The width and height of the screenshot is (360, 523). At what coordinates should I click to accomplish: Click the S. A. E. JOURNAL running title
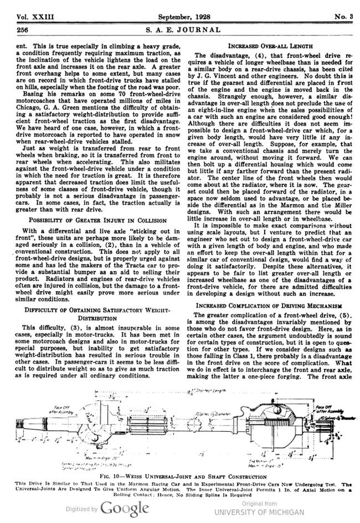tap(180, 29)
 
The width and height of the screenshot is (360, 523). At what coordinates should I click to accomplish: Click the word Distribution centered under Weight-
tap(91, 319)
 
